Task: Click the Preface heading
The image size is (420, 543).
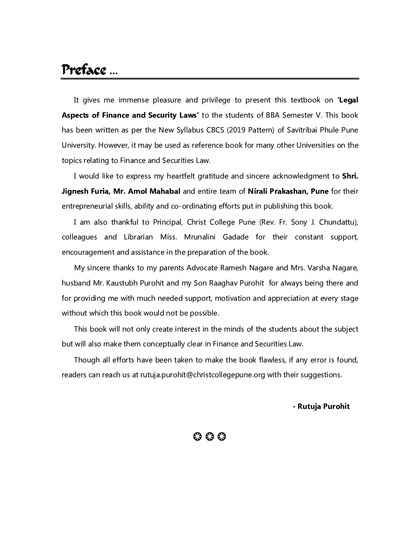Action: click(x=84, y=70)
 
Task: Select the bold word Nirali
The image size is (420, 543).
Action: click(x=257, y=191)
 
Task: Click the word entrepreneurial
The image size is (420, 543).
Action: click(x=87, y=206)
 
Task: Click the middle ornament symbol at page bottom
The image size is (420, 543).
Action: click(x=210, y=436)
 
